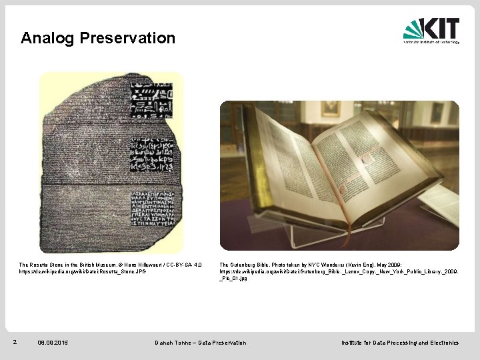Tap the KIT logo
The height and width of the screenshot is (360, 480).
coord(431,30)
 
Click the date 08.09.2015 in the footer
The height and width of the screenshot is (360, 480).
coord(53,343)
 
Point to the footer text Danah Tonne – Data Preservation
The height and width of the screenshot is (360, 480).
coord(200,343)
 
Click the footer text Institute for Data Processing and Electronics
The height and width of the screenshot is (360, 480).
coord(400,343)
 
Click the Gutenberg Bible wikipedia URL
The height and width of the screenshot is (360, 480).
coord(339,272)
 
